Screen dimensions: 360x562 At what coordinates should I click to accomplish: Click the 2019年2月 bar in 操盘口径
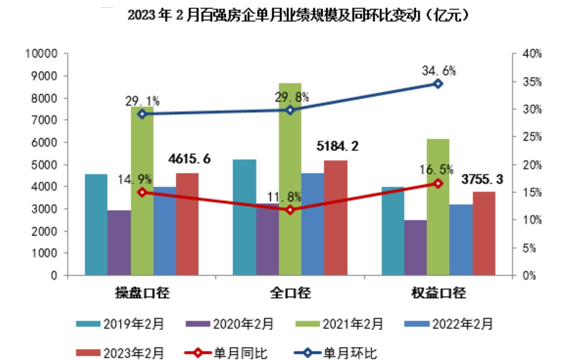click(96, 224)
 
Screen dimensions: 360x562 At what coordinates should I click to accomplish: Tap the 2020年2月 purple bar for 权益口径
click(416, 248)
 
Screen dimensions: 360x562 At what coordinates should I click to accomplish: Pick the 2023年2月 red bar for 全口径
click(336, 218)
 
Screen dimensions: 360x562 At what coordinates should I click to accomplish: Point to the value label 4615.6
click(189, 159)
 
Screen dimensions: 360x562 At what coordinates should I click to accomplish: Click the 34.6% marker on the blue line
click(439, 83)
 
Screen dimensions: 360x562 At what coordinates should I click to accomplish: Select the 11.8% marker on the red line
click(290, 210)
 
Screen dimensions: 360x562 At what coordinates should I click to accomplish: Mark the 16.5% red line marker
click(439, 184)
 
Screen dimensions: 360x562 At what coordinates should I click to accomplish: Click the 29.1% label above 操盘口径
click(142, 101)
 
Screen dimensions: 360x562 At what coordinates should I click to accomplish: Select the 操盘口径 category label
click(142, 293)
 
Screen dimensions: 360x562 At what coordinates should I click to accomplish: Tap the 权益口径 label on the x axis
click(439, 293)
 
